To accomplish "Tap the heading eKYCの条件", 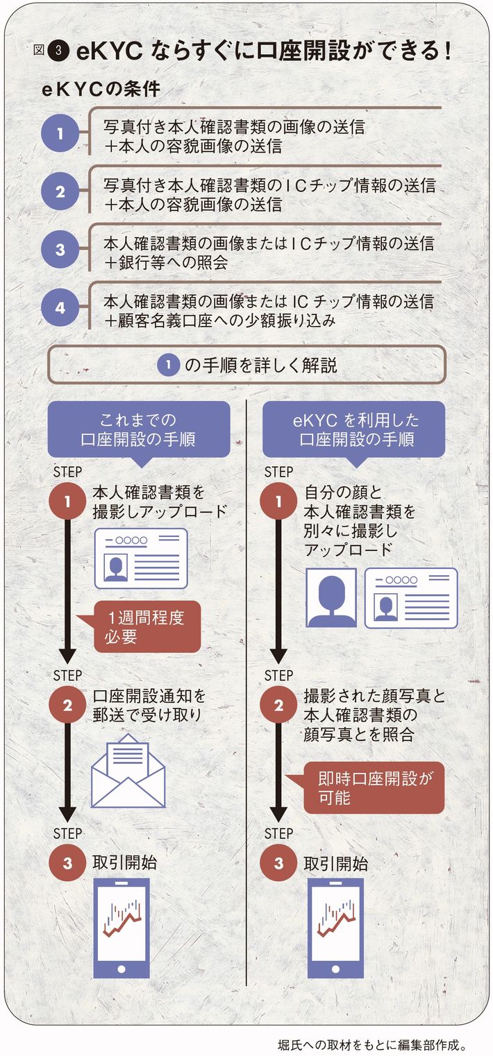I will (100, 90).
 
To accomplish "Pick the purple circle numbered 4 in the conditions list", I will (60, 307).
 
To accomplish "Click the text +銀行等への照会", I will (167, 262).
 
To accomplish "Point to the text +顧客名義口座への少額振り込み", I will (221, 321).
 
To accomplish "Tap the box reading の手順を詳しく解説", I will (246, 364).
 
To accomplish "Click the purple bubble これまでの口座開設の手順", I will (138, 429).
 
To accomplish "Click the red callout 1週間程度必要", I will (147, 627).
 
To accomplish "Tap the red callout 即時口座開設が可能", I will (374, 787).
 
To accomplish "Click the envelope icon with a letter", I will (128, 770).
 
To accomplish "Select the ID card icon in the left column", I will (141, 559).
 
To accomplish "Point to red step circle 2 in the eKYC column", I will (279, 706).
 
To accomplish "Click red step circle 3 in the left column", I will (67, 863).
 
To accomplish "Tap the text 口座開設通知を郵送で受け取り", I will (149, 706).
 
